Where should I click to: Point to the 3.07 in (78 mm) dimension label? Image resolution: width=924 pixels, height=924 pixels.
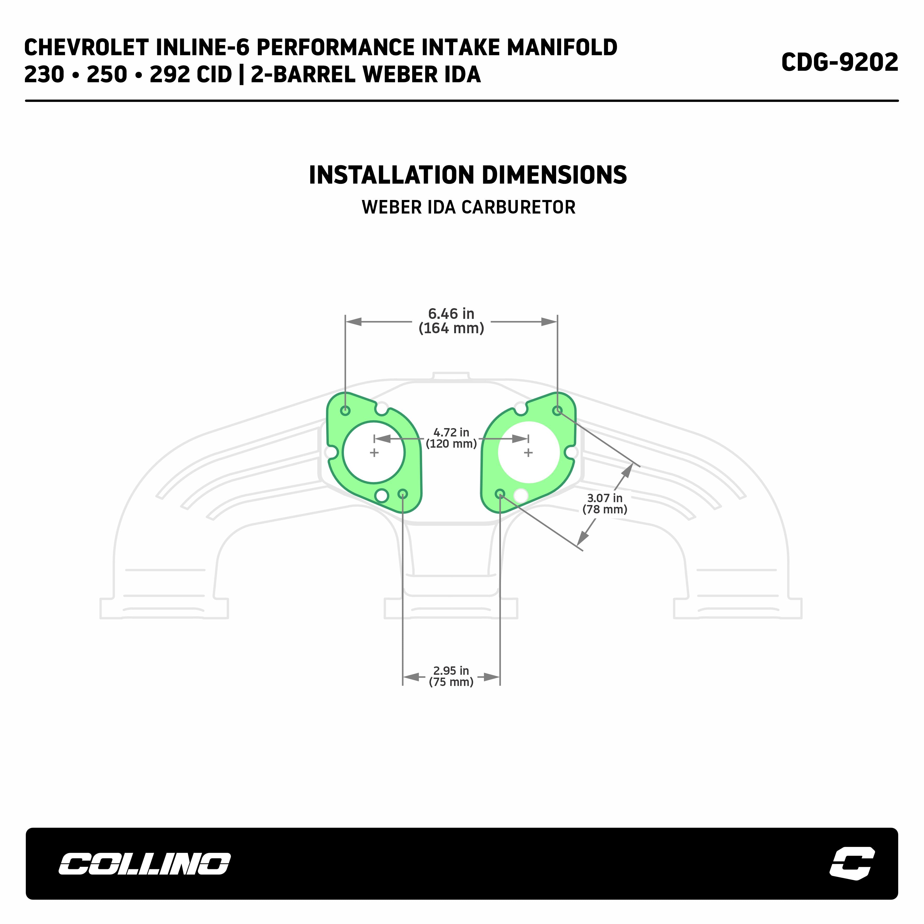605,504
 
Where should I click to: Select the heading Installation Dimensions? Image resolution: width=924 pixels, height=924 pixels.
468,175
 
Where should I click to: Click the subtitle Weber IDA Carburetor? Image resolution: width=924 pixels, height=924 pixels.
469,207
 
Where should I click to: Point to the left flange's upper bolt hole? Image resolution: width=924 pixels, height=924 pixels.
345,410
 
